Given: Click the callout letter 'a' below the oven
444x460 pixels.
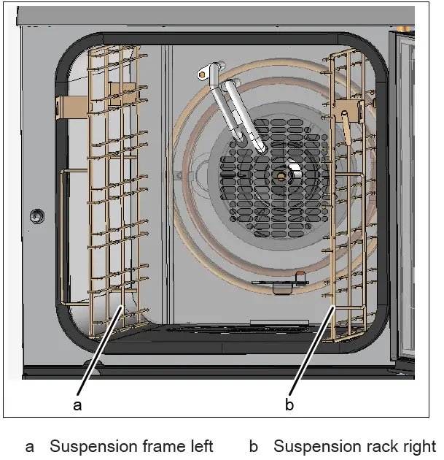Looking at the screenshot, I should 78,405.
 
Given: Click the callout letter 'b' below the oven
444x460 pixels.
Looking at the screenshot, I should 289,405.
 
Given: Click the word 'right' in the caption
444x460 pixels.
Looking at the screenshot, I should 419,446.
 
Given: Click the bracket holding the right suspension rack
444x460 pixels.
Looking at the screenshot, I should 350,110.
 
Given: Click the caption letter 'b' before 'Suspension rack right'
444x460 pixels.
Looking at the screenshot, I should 254,446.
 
